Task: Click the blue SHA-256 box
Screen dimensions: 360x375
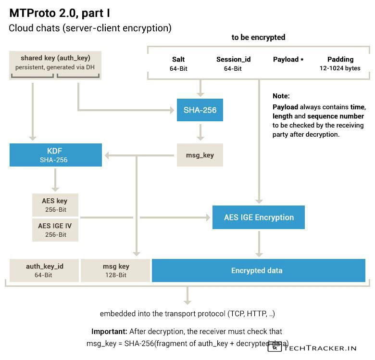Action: click(x=200, y=110)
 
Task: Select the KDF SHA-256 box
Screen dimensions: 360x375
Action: click(x=55, y=155)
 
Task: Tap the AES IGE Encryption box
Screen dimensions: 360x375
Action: click(x=259, y=217)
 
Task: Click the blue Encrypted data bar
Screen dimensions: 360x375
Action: click(x=258, y=270)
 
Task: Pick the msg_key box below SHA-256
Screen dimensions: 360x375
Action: click(x=200, y=155)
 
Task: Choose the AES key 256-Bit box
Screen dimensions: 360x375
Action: click(x=55, y=205)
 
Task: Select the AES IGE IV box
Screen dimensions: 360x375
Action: click(x=55, y=230)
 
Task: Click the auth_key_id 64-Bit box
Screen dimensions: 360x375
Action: click(x=44, y=270)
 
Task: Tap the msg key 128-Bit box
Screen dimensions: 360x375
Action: click(x=115, y=270)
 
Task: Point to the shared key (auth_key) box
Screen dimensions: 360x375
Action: click(x=55, y=63)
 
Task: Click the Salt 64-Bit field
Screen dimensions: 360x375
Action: click(x=178, y=64)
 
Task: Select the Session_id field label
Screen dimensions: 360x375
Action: click(x=233, y=60)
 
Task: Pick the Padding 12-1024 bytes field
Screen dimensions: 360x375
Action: click(x=340, y=64)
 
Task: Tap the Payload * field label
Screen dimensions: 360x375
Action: click(x=288, y=60)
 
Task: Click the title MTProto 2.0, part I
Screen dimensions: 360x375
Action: click(x=60, y=13)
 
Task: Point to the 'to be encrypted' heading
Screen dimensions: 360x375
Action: click(x=258, y=37)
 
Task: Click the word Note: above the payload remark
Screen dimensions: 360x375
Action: click(x=281, y=96)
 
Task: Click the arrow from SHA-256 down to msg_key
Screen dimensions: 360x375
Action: click(x=200, y=132)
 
